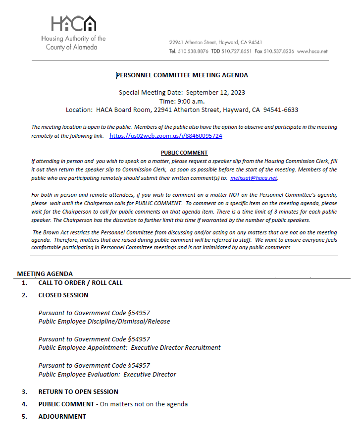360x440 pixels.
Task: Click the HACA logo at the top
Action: coord(73,24)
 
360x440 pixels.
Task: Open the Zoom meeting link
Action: coord(165,136)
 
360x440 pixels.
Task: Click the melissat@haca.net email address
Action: coord(254,178)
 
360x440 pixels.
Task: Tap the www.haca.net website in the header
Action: coord(312,51)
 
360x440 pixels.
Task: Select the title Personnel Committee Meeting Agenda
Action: coord(182,75)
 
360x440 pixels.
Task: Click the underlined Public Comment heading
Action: coord(184,153)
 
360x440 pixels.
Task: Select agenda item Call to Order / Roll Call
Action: coord(80,283)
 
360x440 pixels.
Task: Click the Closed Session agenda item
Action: coord(63,295)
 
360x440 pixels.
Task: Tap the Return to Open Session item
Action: coord(78,392)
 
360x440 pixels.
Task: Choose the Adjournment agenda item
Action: coord(62,417)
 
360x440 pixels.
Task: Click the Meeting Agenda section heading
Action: coord(45,274)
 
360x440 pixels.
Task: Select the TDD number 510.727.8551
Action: coord(236,51)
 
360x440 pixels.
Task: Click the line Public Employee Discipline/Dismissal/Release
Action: coord(104,322)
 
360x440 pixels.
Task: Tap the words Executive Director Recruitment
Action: coord(176,348)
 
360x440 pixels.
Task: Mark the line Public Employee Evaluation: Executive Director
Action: coord(107,375)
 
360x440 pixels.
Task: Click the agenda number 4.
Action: coord(24,404)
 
